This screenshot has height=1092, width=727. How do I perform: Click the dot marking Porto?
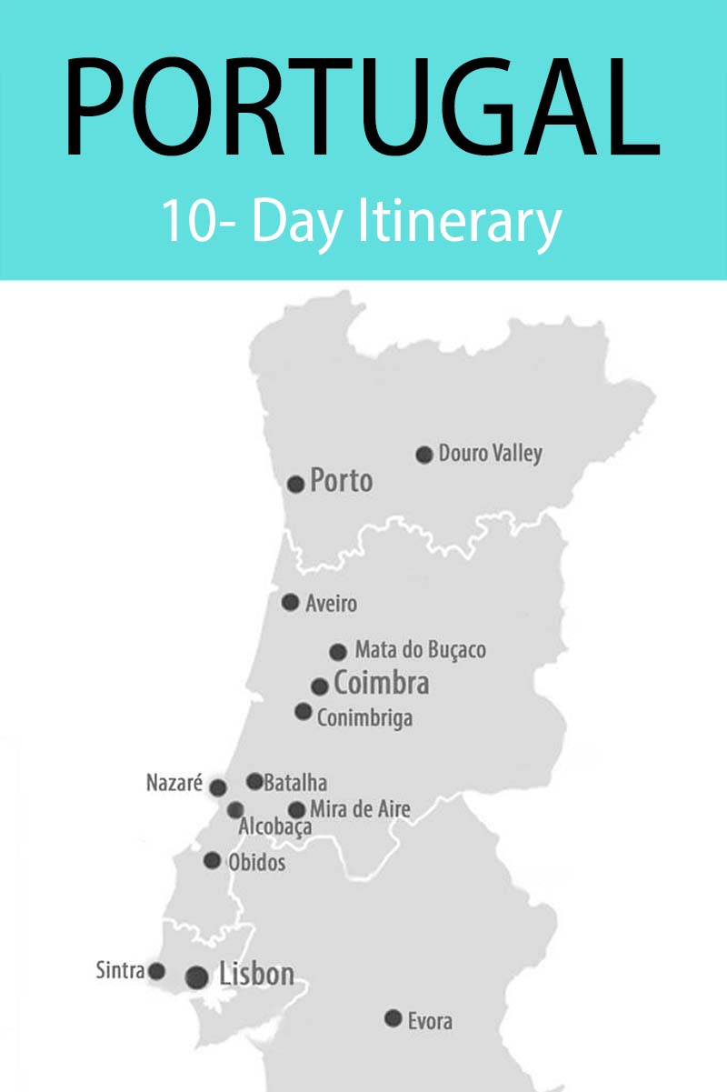295,484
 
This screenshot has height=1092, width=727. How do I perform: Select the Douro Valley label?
490,453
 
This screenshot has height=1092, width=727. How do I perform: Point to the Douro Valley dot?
423,455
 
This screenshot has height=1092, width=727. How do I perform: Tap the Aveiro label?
331,603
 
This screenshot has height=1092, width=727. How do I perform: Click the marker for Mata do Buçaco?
338,651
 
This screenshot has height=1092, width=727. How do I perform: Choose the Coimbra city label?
382,683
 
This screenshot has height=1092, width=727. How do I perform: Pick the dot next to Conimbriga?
304,711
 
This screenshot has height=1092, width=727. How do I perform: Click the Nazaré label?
174,783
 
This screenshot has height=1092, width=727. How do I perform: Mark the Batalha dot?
254,781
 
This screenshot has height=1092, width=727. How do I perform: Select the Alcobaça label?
275,827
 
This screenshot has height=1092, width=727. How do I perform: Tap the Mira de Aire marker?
296,809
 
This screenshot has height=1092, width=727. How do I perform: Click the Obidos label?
256,862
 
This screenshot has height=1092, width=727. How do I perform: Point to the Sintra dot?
156,971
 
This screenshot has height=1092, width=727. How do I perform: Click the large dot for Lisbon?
196,977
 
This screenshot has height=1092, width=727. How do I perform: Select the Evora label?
430,1021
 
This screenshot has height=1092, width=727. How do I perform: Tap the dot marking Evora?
393,1018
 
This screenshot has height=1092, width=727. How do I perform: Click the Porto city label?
342,480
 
